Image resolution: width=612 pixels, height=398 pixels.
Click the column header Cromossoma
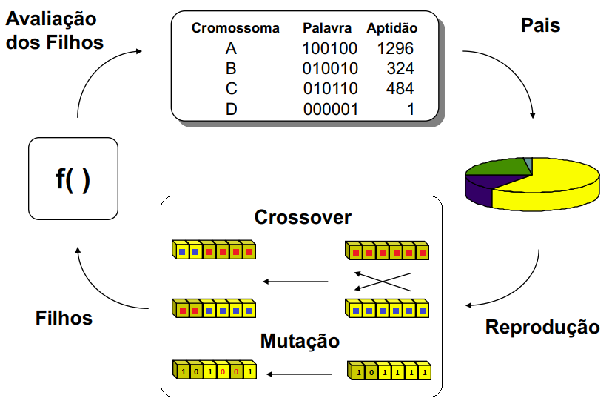point(235,29)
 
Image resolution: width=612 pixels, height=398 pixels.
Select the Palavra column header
point(327,29)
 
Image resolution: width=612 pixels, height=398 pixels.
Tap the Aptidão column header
point(392,29)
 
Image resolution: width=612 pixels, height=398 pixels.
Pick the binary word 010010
point(330,69)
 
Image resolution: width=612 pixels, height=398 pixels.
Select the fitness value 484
point(400,89)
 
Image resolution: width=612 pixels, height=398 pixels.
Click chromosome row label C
point(231,89)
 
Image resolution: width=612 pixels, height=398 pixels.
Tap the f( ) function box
point(73,179)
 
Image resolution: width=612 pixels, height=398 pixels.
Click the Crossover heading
point(303,217)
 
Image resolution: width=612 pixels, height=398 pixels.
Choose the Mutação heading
point(300,341)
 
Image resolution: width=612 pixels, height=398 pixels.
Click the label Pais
point(540,26)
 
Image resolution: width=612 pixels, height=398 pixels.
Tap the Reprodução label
point(542,327)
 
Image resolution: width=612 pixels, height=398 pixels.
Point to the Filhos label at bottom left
point(64,318)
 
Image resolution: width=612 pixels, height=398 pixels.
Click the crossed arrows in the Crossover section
point(382,282)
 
